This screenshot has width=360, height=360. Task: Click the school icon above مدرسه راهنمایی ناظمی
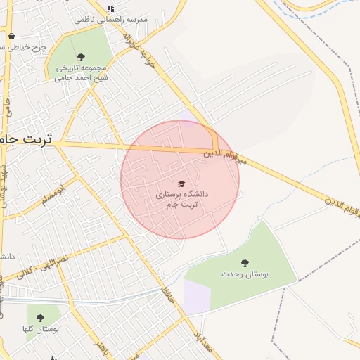110,8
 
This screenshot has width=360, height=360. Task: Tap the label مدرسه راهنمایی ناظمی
112,20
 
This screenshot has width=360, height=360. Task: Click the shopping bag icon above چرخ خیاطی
11,37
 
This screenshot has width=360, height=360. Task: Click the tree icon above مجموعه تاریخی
81,57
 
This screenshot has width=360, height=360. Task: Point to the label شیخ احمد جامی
80,78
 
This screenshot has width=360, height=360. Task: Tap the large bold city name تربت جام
27,139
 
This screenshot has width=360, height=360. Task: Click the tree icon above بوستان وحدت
245,263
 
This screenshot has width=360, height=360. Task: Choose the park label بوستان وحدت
245,274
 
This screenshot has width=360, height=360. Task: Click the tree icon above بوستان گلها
40,318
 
